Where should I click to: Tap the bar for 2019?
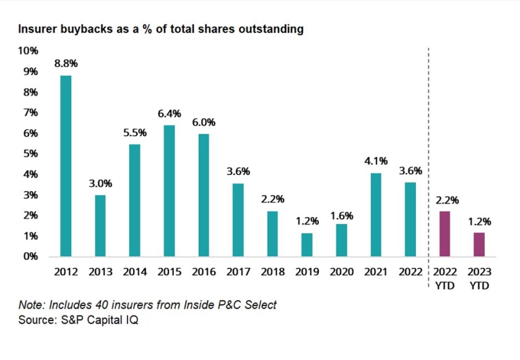(x=307, y=244)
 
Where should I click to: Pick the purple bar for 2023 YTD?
(x=479, y=244)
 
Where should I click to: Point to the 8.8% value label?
(x=66, y=64)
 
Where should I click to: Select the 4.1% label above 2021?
(x=376, y=161)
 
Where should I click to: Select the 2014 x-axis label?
(x=134, y=272)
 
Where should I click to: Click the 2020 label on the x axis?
(x=341, y=272)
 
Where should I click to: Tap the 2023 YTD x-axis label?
(x=479, y=277)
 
